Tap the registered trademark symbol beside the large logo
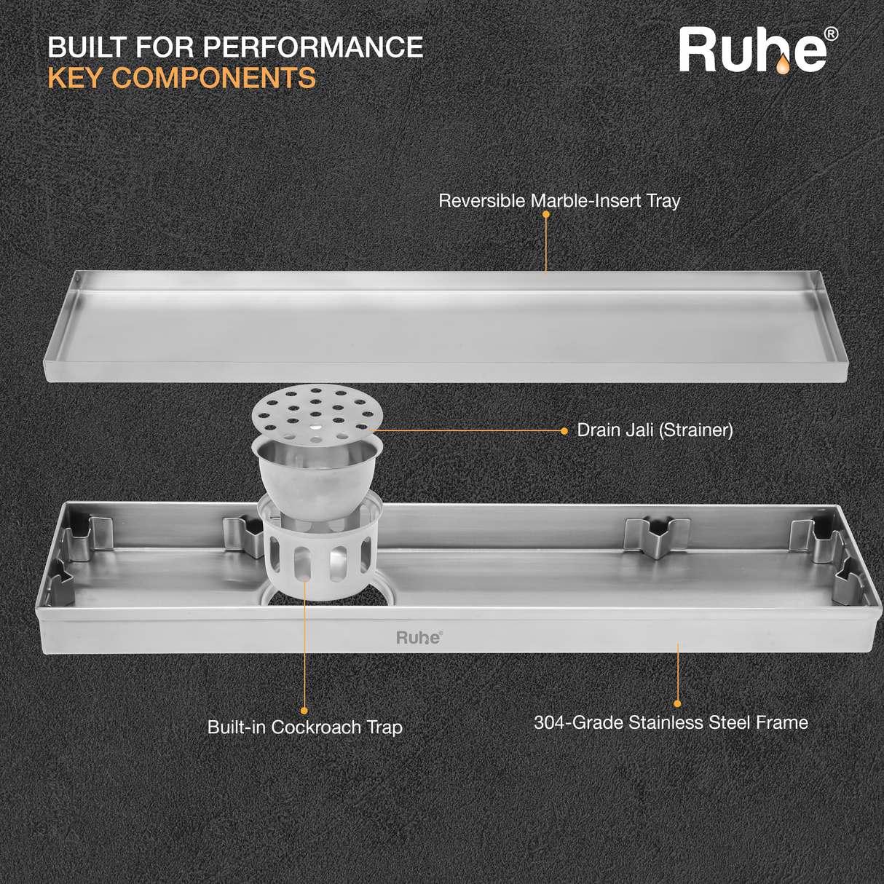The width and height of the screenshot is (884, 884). click(830, 34)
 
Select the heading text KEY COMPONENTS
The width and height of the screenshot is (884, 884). click(182, 79)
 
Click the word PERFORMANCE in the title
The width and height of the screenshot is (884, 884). click(313, 47)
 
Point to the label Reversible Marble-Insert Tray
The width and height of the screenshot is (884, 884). click(559, 201)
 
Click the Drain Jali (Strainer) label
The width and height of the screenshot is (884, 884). click(655, 430)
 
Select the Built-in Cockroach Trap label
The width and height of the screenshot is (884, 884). click(304, 727)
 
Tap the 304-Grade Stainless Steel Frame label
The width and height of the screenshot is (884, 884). click(671, 723)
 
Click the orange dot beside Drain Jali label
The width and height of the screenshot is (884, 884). click(564, 431)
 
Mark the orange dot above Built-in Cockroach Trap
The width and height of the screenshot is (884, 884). click(304, 711)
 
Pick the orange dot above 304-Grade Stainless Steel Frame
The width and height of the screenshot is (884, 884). click(677, 703)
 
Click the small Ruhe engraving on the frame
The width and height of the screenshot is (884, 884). click(419, 638)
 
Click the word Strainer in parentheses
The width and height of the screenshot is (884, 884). click(695, 430)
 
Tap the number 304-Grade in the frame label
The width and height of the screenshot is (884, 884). click(579, 723)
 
